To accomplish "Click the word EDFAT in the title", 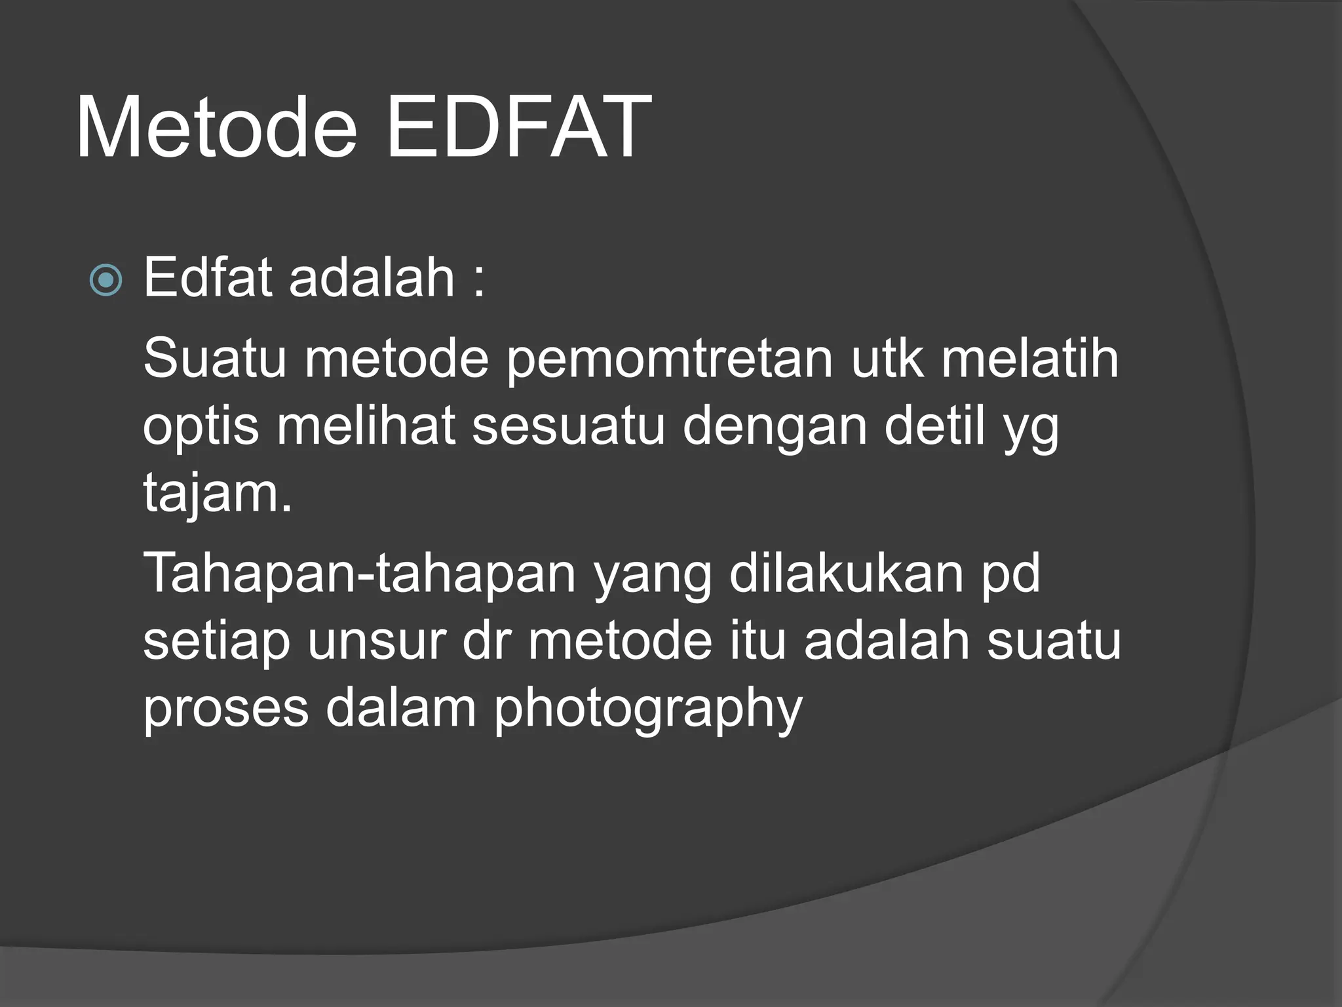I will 518,128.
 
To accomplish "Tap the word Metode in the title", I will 216,128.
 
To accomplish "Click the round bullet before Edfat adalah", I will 105,281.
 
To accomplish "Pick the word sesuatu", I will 568,427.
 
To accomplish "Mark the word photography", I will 647,711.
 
